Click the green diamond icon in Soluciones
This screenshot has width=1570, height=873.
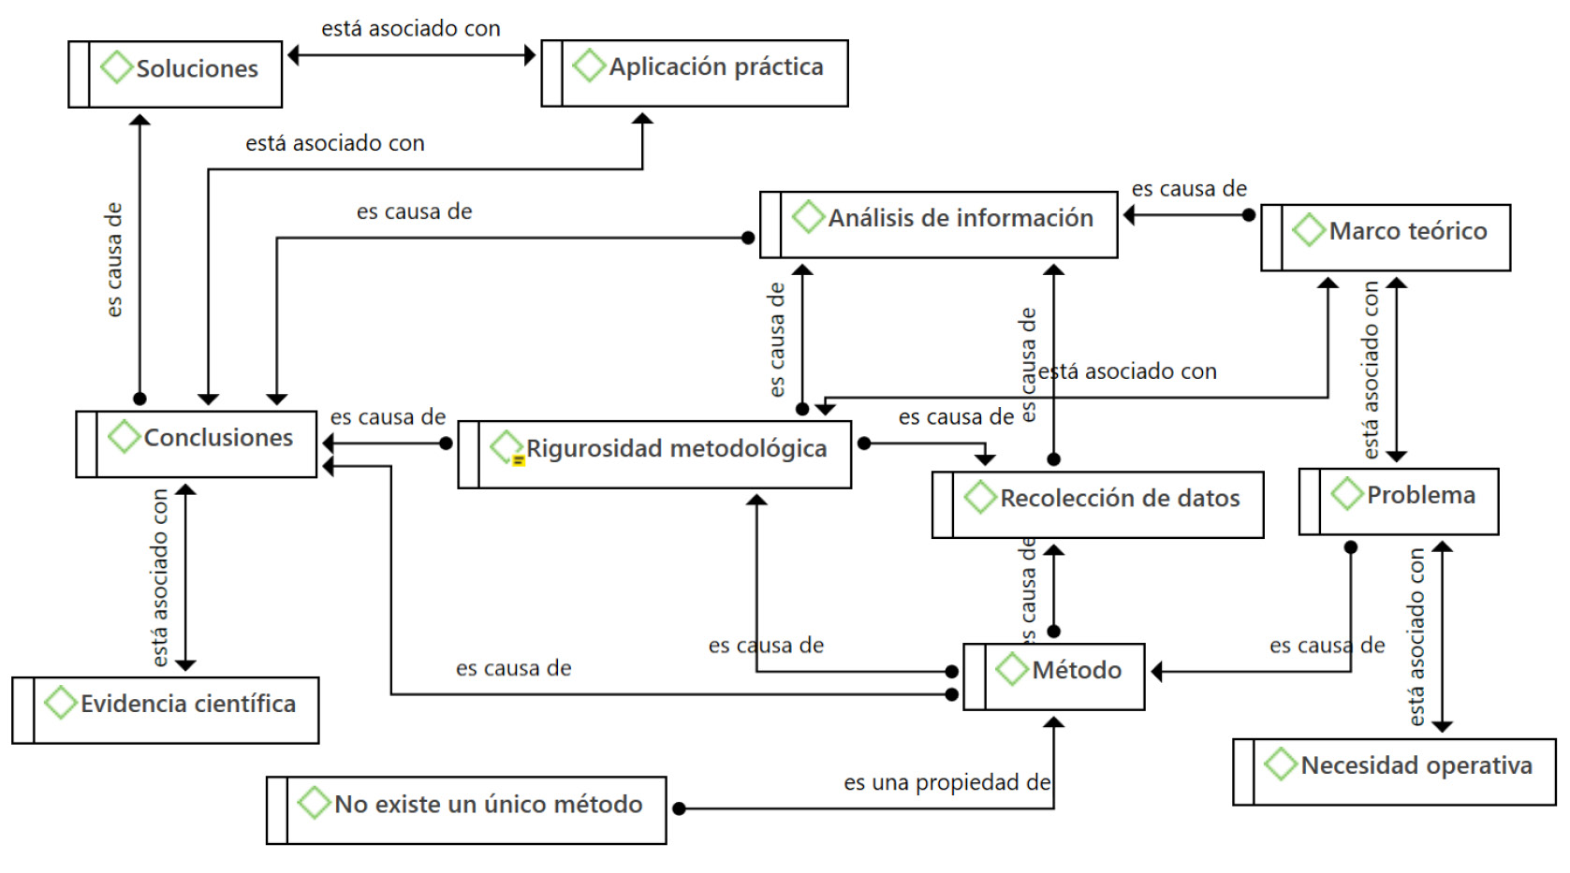[116, 67]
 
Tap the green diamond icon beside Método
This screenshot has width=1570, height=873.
[1012, 669]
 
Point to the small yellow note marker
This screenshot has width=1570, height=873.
[518, 460]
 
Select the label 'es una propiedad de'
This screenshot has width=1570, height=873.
[946, 782]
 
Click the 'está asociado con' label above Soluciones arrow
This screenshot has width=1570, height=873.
[411, 29]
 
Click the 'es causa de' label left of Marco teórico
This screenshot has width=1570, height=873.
[1189, 189]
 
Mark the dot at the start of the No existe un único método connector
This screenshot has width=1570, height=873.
[680, 808]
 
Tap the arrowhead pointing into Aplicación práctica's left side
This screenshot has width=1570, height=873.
[531, 55]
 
